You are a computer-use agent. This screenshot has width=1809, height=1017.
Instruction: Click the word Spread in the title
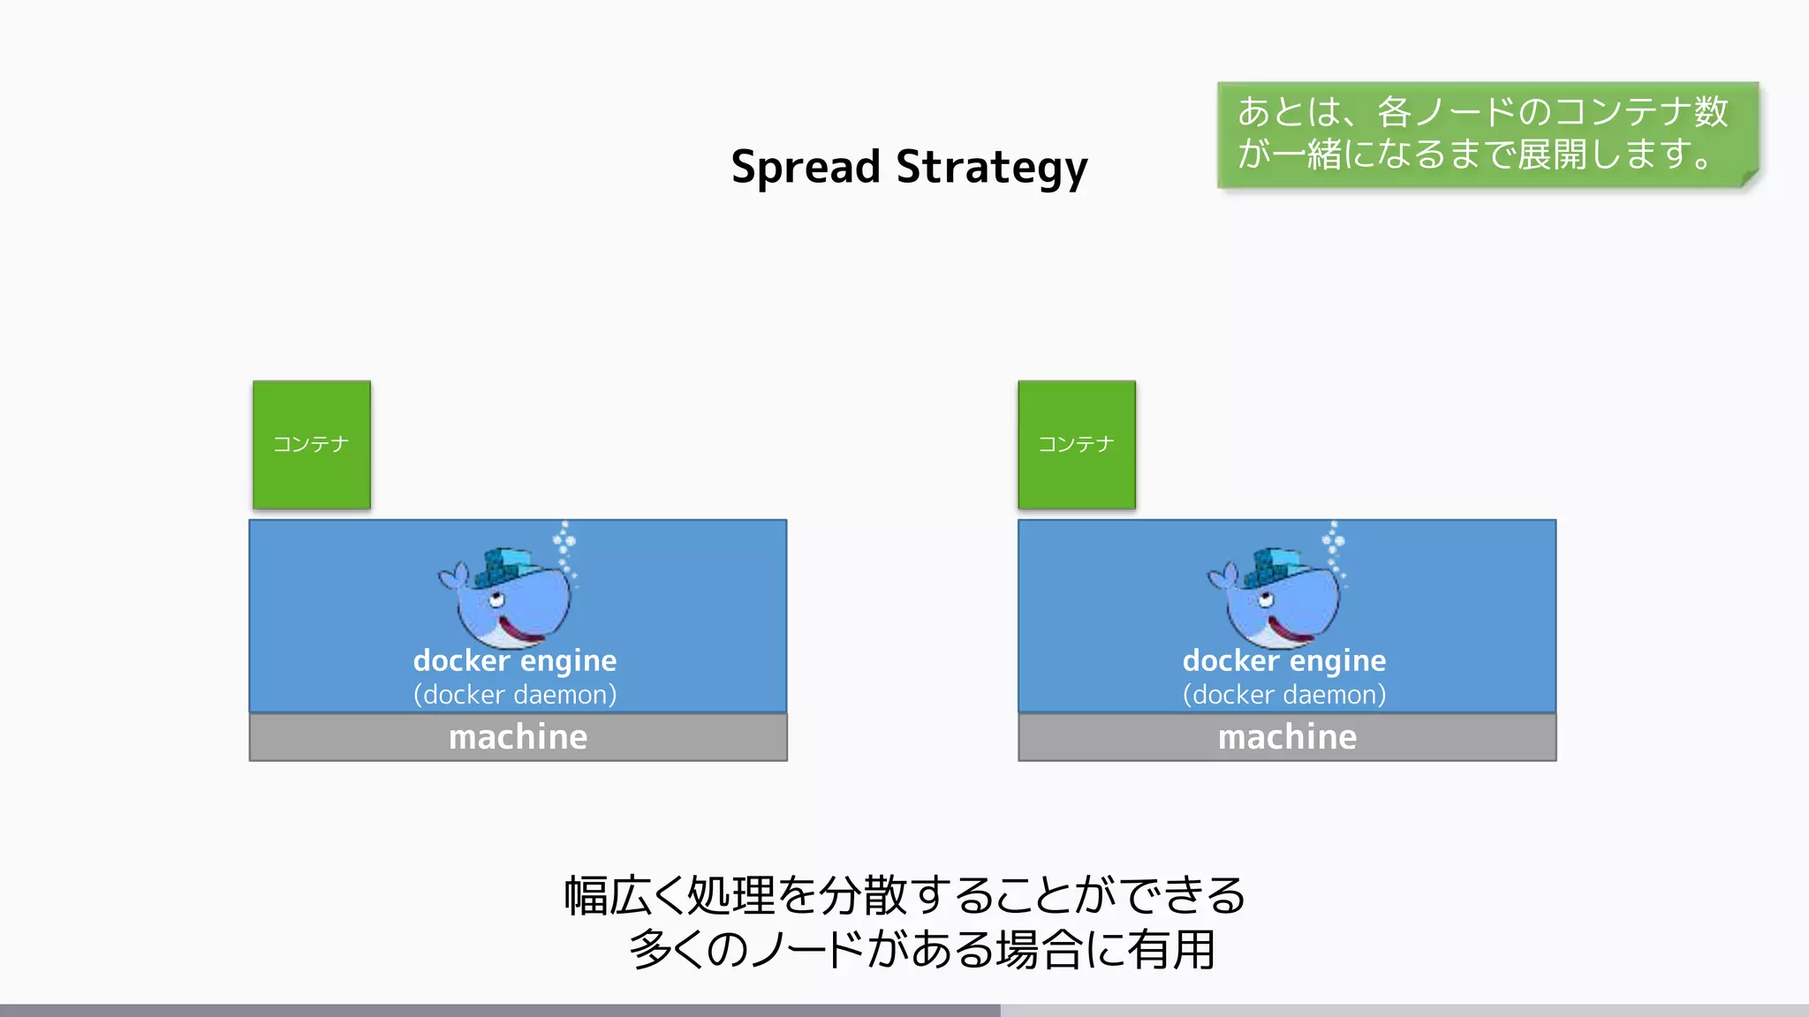click(805, 167)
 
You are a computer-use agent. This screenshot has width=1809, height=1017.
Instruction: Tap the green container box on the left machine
click(312, 445)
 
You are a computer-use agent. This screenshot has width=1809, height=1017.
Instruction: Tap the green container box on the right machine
click(1077, 445)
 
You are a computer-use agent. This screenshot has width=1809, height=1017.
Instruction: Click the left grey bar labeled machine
click(518, 737)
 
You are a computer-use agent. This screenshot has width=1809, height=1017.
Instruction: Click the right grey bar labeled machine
click(1287, 737)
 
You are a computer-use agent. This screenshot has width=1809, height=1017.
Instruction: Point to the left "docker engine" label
click(515, 660)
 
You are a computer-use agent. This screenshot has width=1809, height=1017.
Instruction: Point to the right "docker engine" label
click(1284, 660)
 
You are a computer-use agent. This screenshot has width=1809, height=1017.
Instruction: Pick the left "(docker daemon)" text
click(515, 695)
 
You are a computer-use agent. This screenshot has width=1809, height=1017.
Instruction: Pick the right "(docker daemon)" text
click(1284, 695)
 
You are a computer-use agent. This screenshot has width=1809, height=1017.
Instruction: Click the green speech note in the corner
click(1484, 134)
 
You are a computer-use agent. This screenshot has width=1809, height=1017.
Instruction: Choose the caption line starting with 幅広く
click(904, 895)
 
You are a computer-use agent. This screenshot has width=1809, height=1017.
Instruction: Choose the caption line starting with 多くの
click(922, 950)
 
